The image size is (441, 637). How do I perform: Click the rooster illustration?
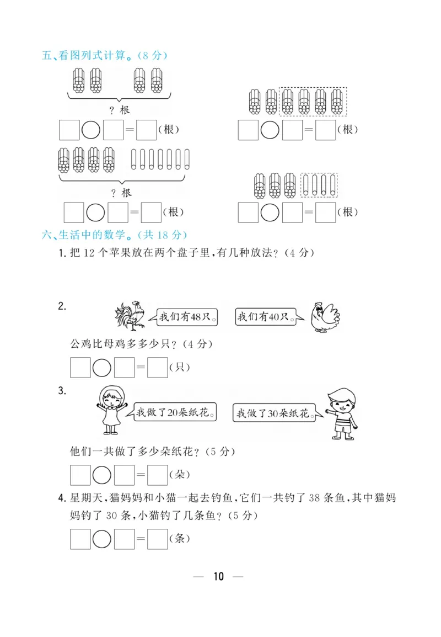click(x=130, y=316)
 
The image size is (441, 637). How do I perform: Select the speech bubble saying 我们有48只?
click(x=186, y=317)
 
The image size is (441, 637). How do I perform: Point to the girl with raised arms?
click(x=112, y=410)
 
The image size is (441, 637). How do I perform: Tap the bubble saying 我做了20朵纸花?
click(x=175, y=412)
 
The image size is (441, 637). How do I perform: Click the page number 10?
click(x=219, y=577)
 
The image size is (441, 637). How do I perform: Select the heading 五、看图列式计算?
click(x=104, y=55)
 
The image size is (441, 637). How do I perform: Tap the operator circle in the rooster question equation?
click(x=102, y=368)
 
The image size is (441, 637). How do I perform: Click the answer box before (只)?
click(x=158, y=368)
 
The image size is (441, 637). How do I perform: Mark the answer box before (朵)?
click(x=158, y=475)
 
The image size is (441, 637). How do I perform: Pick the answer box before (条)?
click(x=158, y=539)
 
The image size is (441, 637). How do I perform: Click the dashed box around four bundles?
click(x=313, y=102)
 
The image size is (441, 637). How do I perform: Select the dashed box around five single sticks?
click(x=319, y=185)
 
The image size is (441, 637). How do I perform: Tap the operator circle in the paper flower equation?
click(x=102, y=475)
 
